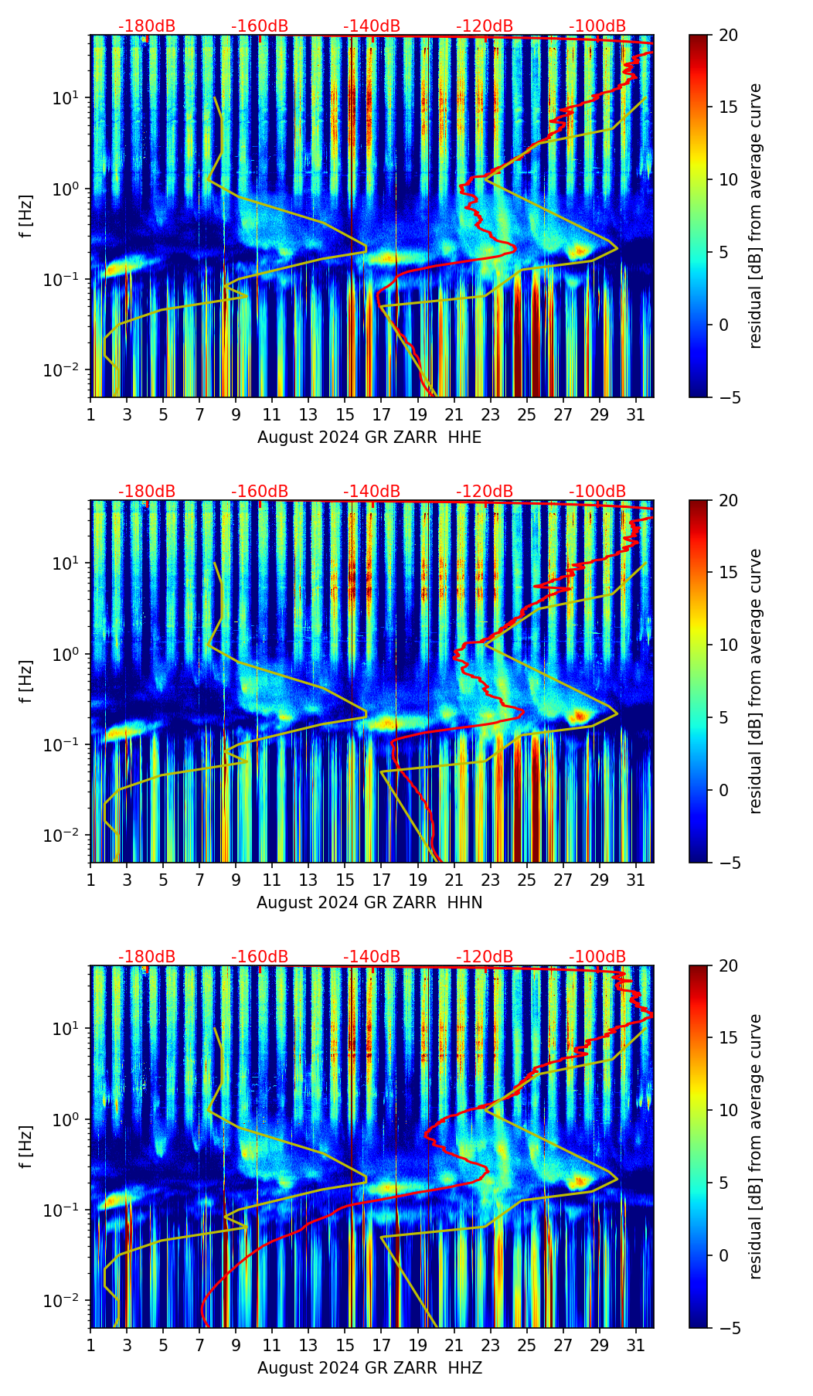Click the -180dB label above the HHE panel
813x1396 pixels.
(x=147, y=26)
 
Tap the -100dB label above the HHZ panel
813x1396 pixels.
(x=597, y=957)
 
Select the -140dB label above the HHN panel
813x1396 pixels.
(x=372, y=492)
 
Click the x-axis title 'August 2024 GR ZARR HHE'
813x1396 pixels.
(x=369, y=438)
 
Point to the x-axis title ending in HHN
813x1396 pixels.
(x=369, y=903)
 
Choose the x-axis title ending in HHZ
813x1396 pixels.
(x=369, y=1368)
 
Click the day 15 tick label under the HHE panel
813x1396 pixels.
(x=345, y=415)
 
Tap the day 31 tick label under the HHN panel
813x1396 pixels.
(x=635, y=880)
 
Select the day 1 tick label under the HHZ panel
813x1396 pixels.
(x=91, y=1346)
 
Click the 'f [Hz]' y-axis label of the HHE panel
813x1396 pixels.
(x=26, y=216)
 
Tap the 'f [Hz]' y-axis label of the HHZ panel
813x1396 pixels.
(x=26, y=1147)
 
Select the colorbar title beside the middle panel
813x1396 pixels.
(x=756, y=681)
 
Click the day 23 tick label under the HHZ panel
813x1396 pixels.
(x=490, y=1346)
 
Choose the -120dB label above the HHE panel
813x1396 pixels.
(x=485, y=26)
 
